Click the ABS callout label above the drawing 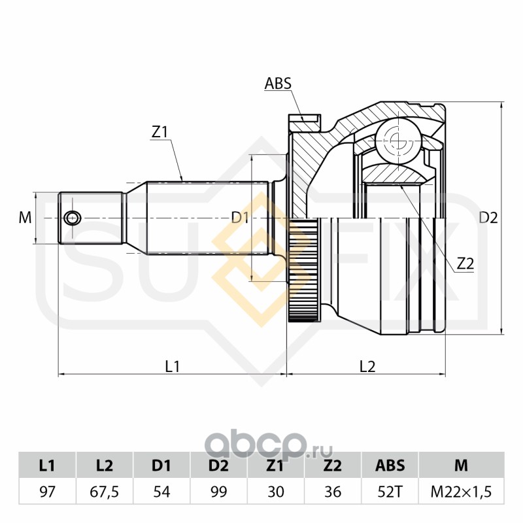[x=277, y=84]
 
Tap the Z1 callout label [x=160, y=131]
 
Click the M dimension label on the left [x=25, y=218]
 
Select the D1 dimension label [x=241, y=218]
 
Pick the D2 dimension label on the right [x=488, y=218]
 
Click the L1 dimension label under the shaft [x=172, y=367]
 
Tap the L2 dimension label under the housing [x=367, y=367]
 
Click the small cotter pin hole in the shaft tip [x=71, y=218]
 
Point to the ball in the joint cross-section [x=396, y=139]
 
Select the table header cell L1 [x=47, y=466]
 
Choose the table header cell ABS [x=390, y=466]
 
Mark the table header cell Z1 [x=276, y=466]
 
